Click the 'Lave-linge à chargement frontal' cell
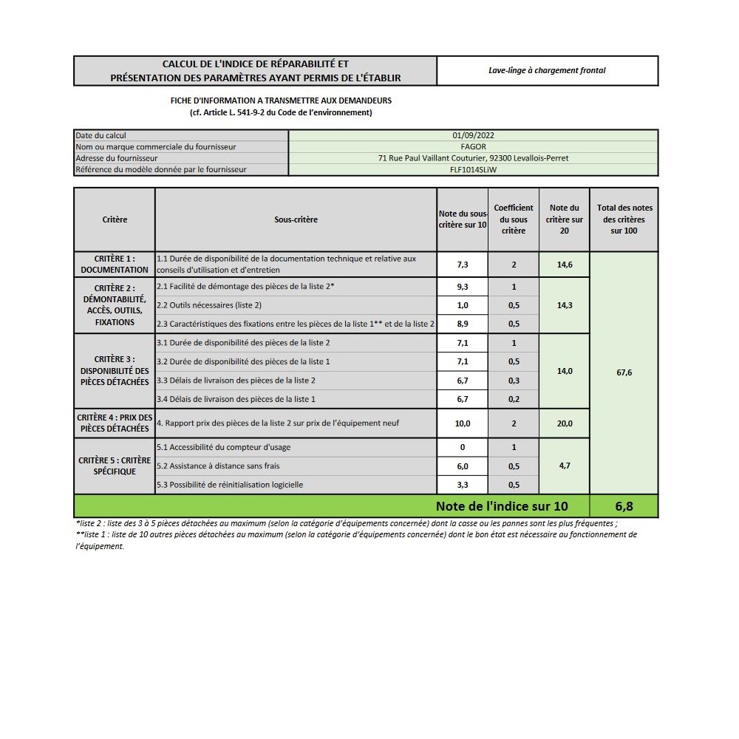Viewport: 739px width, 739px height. tap(547, 71)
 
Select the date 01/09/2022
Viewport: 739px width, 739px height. tap(473, 136)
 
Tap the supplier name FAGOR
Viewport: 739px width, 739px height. tap(473, 147)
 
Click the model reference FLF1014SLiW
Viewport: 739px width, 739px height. tap(473, 169)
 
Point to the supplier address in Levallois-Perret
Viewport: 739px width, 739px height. tap(473, 158)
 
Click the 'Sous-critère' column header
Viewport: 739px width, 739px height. tap(296, 219)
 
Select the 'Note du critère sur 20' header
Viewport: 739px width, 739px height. tap(565, 219)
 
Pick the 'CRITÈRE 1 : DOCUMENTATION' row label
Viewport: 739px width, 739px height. tap(115, 265)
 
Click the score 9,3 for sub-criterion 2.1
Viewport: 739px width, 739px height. tap(463, 287)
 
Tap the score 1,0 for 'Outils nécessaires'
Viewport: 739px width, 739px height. tap(463, 305)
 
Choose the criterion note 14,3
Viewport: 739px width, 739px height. tap(565, 305)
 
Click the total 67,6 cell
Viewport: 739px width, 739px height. tap(624, 372)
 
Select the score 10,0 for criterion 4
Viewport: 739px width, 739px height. tap(463, 423)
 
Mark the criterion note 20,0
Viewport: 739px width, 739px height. tap(565, 423)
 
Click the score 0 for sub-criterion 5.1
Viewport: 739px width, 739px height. tap(463, 447)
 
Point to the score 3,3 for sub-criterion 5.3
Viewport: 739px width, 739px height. tap(463, 485)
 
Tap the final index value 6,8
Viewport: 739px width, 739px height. tap(624, 506)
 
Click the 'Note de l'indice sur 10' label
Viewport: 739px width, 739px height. tap(502, 506)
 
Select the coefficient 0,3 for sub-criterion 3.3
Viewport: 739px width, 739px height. tap(514, 381)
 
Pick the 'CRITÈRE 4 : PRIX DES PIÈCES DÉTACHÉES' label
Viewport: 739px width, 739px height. tap(115, 423)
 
